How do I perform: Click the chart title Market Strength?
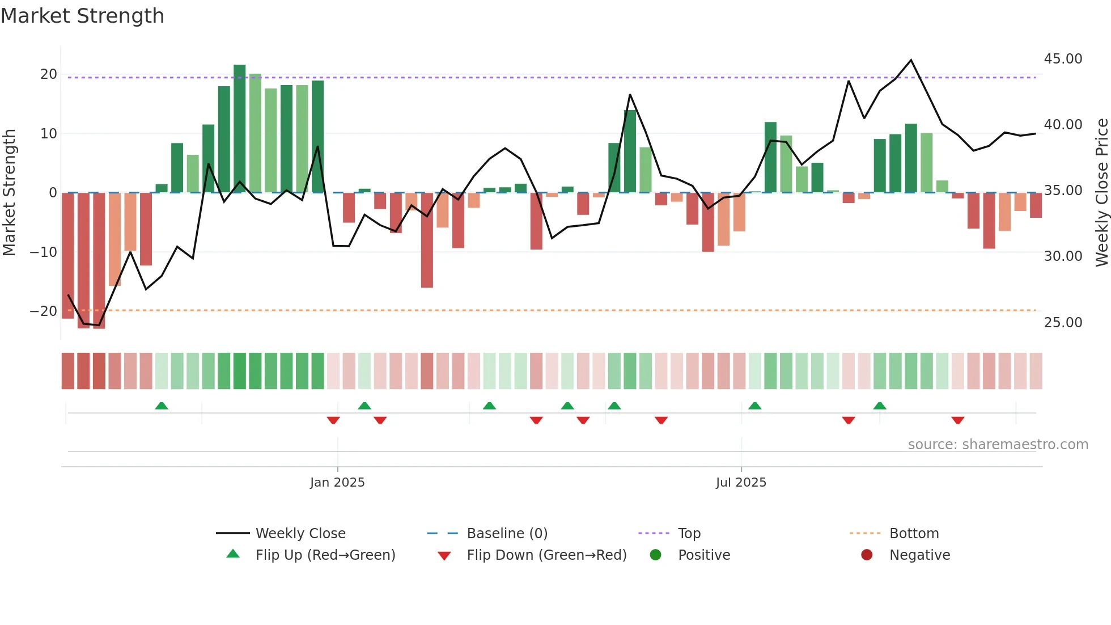click(82, 16)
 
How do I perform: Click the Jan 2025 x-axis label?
click(337, 483)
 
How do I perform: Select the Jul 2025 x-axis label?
click(741, 483)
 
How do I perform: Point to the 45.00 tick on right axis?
click(1063, 59)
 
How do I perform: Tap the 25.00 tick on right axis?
click(1063, 323)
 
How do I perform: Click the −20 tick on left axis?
click(44, 311)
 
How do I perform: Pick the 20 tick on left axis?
click(49, 74)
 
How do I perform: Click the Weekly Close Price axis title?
click(1101, 193)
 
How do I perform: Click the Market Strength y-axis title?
click(9, 193)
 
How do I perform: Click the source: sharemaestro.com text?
click(998, 445)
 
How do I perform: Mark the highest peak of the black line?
click(911, 60)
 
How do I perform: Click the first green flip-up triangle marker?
click(162, 406)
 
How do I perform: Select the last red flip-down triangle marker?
click(958, 420)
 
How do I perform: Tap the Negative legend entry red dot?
click(867, 555)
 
